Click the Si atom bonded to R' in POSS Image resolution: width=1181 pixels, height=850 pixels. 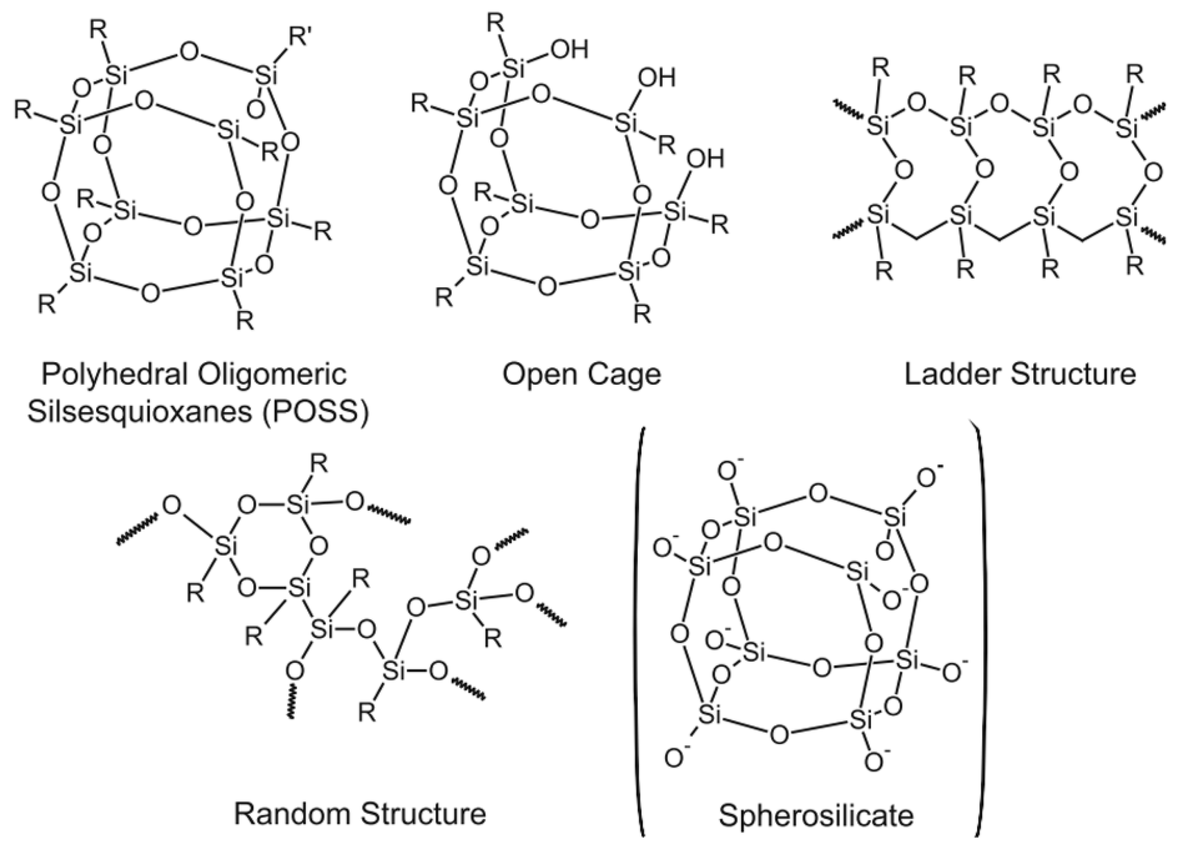click(266, 77)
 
